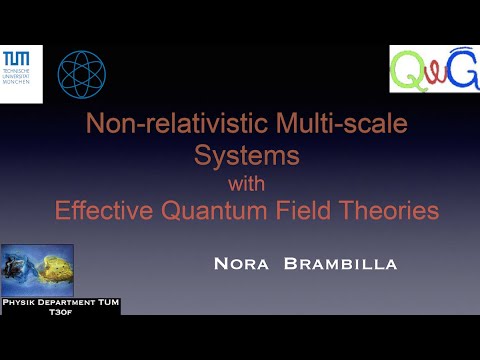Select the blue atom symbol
coord(81,74)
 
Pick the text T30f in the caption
coord(60,310)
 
